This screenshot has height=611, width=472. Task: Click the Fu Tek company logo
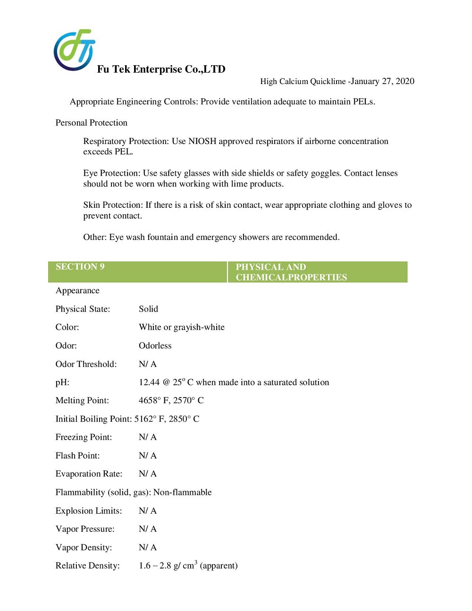pos(74,50)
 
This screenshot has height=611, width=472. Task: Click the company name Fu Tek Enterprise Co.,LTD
pos(161,69)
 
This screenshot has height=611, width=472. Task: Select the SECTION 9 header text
pos(80,267)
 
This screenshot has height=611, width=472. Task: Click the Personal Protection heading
pos(91,123)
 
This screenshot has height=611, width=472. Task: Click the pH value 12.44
pos(149,382)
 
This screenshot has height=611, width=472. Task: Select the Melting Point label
pos(82,400)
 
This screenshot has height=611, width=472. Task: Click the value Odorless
pos(155,346)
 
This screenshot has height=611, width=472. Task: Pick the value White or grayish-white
pos(182,327)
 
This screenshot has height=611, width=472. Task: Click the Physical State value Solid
pos(148,309)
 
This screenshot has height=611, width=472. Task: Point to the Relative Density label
pos(87,566)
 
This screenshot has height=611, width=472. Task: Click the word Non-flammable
pos(183,492)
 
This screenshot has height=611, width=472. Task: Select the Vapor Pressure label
pos(85,529)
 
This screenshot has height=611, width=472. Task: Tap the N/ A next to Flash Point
pos(147,456)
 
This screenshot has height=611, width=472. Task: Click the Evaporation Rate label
pos(89,474)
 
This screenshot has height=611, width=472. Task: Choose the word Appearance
pos(77,290)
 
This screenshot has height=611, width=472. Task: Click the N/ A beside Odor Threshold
pos(147,364)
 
